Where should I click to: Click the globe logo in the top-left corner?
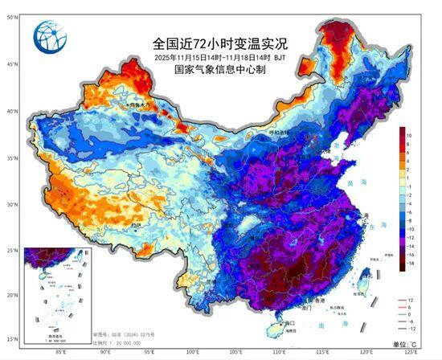[49, 36]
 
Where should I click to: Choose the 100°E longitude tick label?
[193, 352]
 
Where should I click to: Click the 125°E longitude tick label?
[411, 352]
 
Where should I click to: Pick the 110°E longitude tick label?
[280, 352]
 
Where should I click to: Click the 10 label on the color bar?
[409, 136]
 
